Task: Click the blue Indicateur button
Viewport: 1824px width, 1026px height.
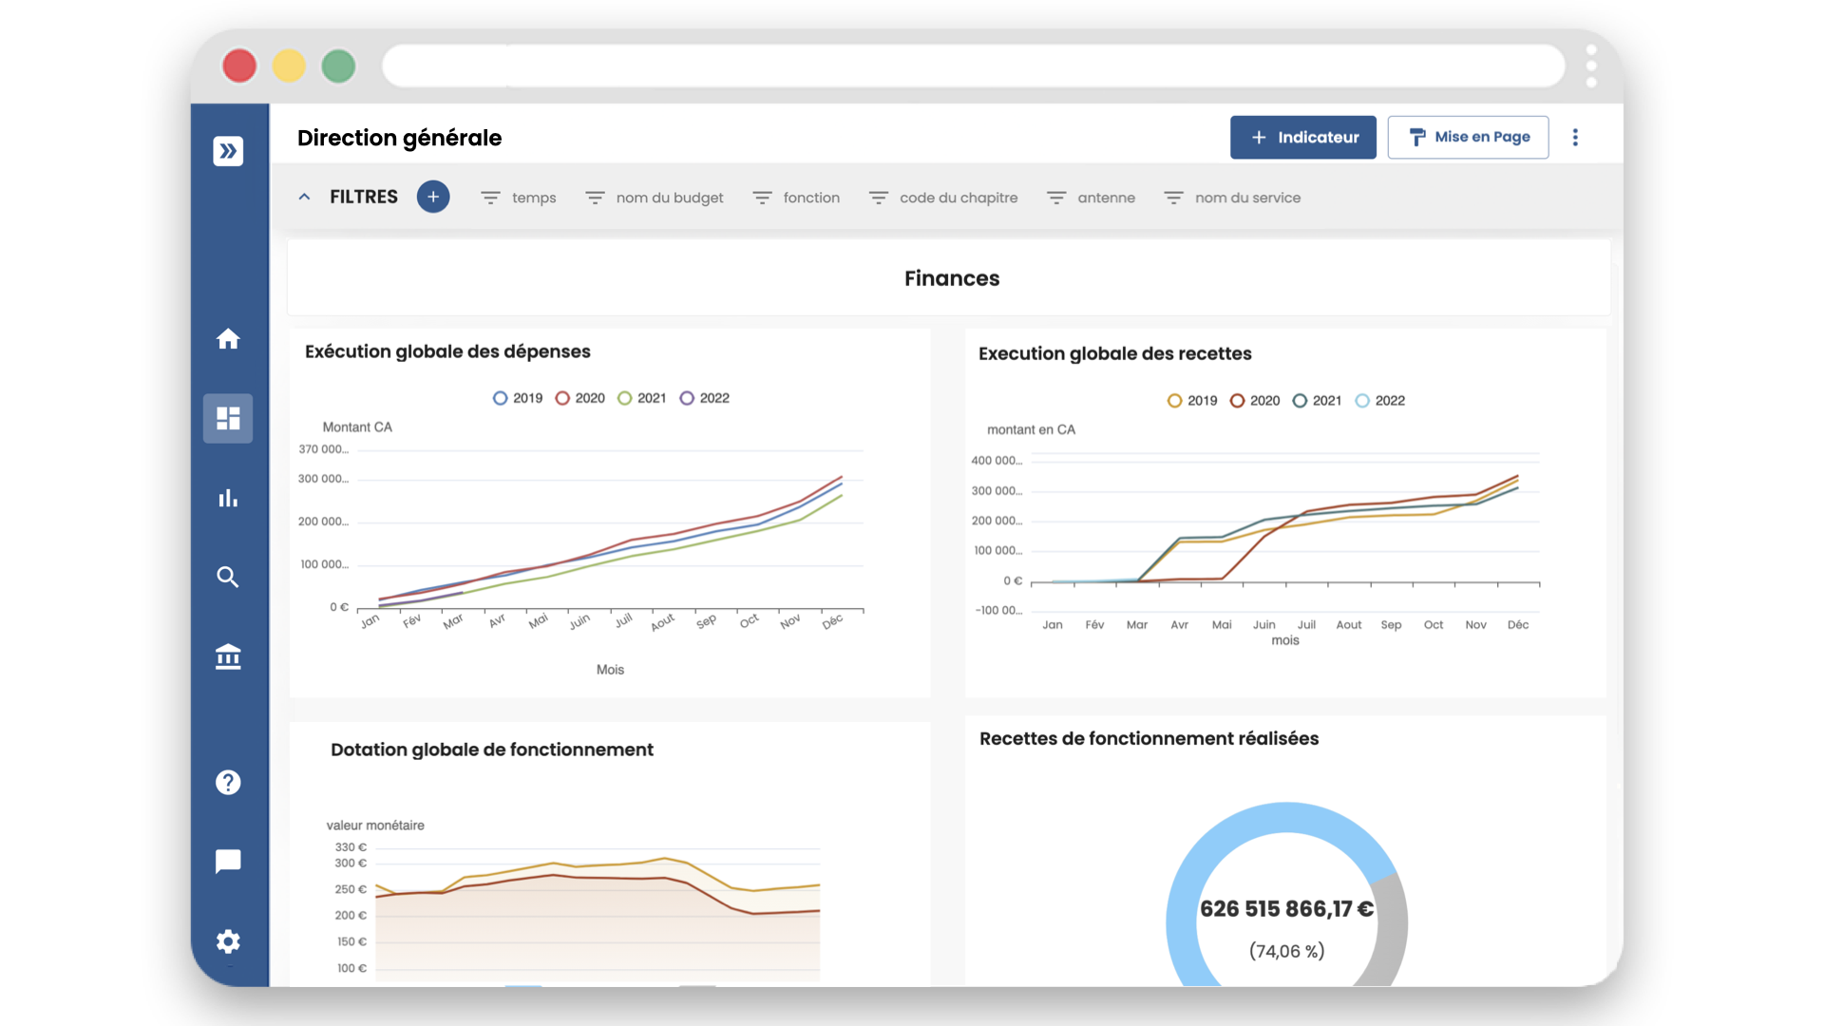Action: click(1302, 138)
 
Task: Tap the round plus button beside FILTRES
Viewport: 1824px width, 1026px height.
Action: click(433, 197)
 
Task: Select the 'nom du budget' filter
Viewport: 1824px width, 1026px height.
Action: click(669, 198)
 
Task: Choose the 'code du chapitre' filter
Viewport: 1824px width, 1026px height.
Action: click(958, 198)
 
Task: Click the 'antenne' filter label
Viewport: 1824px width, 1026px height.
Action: click(1106, 198)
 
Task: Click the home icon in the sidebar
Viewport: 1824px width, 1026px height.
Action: click(228, 339)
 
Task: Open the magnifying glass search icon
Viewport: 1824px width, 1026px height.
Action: click(228, 577)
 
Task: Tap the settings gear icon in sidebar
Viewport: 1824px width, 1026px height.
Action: click(228, 941)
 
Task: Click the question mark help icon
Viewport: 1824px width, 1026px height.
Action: click(228, 782)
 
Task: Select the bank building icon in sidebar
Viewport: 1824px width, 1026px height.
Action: click(228, 656)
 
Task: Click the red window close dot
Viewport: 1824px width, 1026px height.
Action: click(239, 66)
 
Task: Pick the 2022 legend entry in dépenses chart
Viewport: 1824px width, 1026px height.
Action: click(705, 398)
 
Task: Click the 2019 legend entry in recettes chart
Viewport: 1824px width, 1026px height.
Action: click(1192, 401)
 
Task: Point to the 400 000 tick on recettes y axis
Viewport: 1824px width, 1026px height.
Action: click(996, 461)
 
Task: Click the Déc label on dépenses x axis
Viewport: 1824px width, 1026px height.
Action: click(832, 621)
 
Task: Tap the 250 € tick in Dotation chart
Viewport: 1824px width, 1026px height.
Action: click(350, 889)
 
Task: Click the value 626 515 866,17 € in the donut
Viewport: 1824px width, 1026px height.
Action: click(1286, 909)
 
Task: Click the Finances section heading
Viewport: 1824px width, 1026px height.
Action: click(951, 278)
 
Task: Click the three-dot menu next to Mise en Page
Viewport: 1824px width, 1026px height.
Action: click(1575, 138)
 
